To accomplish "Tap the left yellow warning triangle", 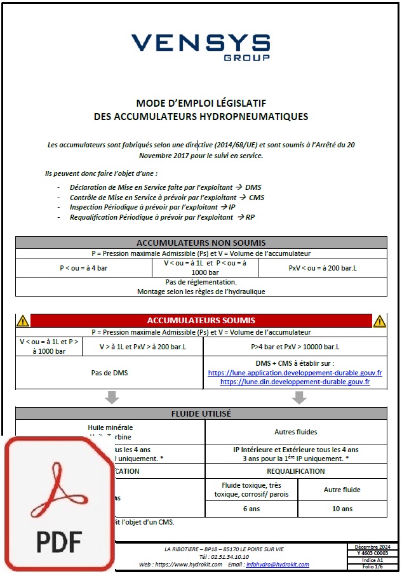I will click(23, 321).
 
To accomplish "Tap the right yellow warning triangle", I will click(379, 321).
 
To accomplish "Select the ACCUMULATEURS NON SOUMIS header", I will click(201, 243).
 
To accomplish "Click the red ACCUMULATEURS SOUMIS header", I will click(201, 321).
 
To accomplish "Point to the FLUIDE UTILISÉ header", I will click(201, 413).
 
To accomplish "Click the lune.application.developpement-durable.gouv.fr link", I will click(295, 373).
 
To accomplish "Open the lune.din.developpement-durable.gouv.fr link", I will click(295, 382).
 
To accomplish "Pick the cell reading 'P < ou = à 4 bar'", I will click(84, 268).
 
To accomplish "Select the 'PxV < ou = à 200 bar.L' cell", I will click(321, 268).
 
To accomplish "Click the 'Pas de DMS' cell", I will click(109, 373).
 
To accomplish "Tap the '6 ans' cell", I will click(251, 509).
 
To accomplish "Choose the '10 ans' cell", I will click(342, 509).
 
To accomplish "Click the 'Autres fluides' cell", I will click(295, 432).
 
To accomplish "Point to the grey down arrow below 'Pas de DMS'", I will click(112, 397).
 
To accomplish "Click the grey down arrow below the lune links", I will click(299, 397).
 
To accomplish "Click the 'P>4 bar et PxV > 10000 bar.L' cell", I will click(295, 347).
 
